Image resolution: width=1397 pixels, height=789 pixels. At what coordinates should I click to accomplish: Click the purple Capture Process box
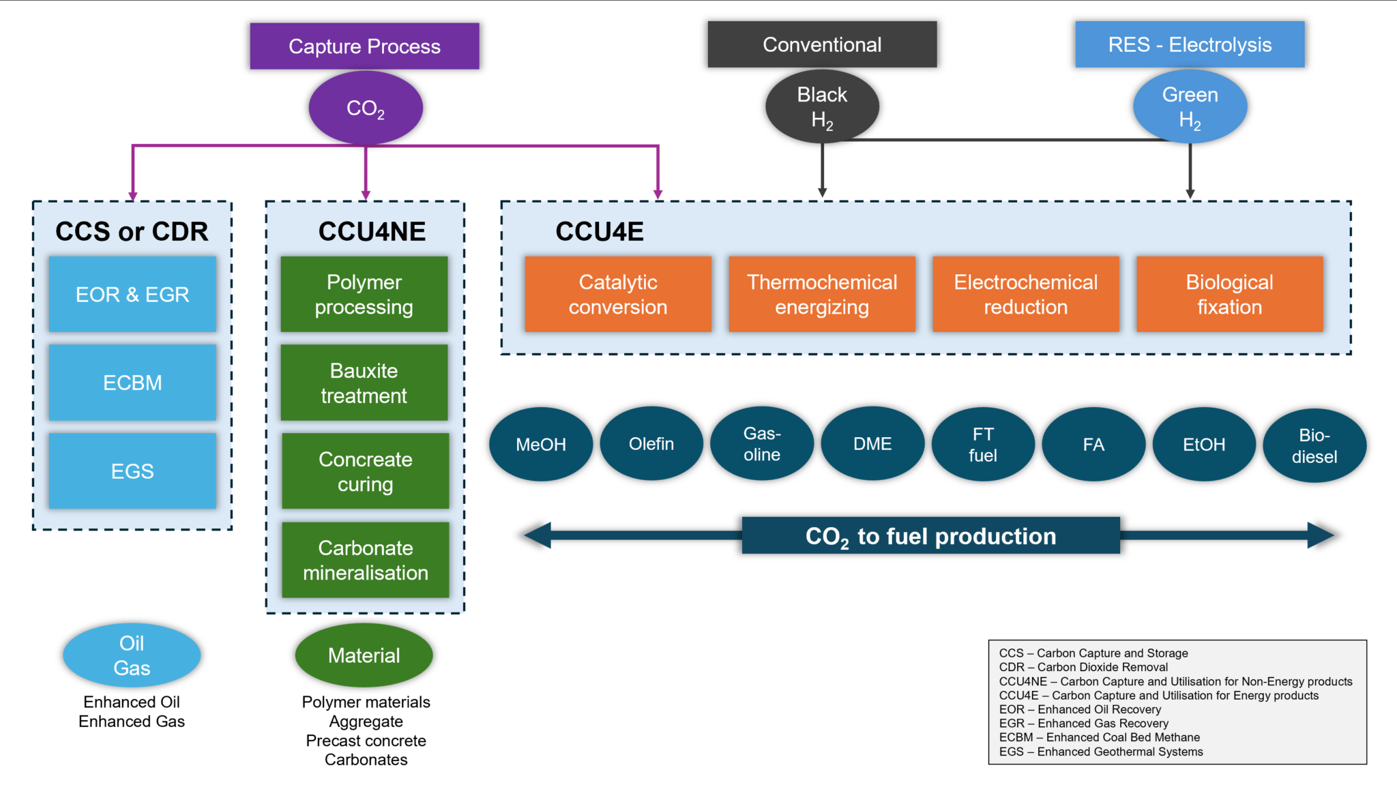point(364,46)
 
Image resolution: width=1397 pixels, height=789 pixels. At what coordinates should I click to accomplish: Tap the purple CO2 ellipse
point(366,108)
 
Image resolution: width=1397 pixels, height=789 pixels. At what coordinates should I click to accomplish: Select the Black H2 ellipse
point(822,106)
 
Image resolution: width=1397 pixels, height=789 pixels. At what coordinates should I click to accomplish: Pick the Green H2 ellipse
point(1190,106)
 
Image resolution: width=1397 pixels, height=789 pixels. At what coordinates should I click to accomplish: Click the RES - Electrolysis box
point(1190,44)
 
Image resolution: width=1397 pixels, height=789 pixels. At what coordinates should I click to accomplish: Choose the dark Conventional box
point(822,44)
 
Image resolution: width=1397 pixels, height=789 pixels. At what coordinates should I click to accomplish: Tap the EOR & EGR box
point(132,294)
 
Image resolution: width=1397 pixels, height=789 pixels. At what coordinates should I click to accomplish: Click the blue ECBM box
point(132,383)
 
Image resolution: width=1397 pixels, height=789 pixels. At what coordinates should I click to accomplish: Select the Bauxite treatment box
point(364,383)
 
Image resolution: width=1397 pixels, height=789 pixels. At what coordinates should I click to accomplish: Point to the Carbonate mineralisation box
point(366,560)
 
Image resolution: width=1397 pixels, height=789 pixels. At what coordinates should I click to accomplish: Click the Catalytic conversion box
point(618,294)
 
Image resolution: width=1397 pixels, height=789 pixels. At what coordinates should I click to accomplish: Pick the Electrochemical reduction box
point(1025,294)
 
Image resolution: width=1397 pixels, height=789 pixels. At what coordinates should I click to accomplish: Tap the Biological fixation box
point(1229,294)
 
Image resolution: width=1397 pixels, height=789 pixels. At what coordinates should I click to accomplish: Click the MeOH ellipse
point(541,445)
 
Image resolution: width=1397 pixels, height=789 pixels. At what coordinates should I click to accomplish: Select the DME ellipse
point(872,444)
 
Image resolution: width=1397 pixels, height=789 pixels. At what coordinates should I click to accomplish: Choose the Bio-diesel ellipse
point(1314,445)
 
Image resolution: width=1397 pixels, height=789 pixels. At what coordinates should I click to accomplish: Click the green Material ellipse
point(364,655)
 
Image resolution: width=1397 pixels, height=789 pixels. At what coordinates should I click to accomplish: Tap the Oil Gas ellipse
point(132,655)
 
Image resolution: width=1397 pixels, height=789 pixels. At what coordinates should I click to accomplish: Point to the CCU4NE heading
point(372,231)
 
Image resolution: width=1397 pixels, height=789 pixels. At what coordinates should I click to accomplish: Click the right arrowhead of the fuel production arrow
point(1321,535)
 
